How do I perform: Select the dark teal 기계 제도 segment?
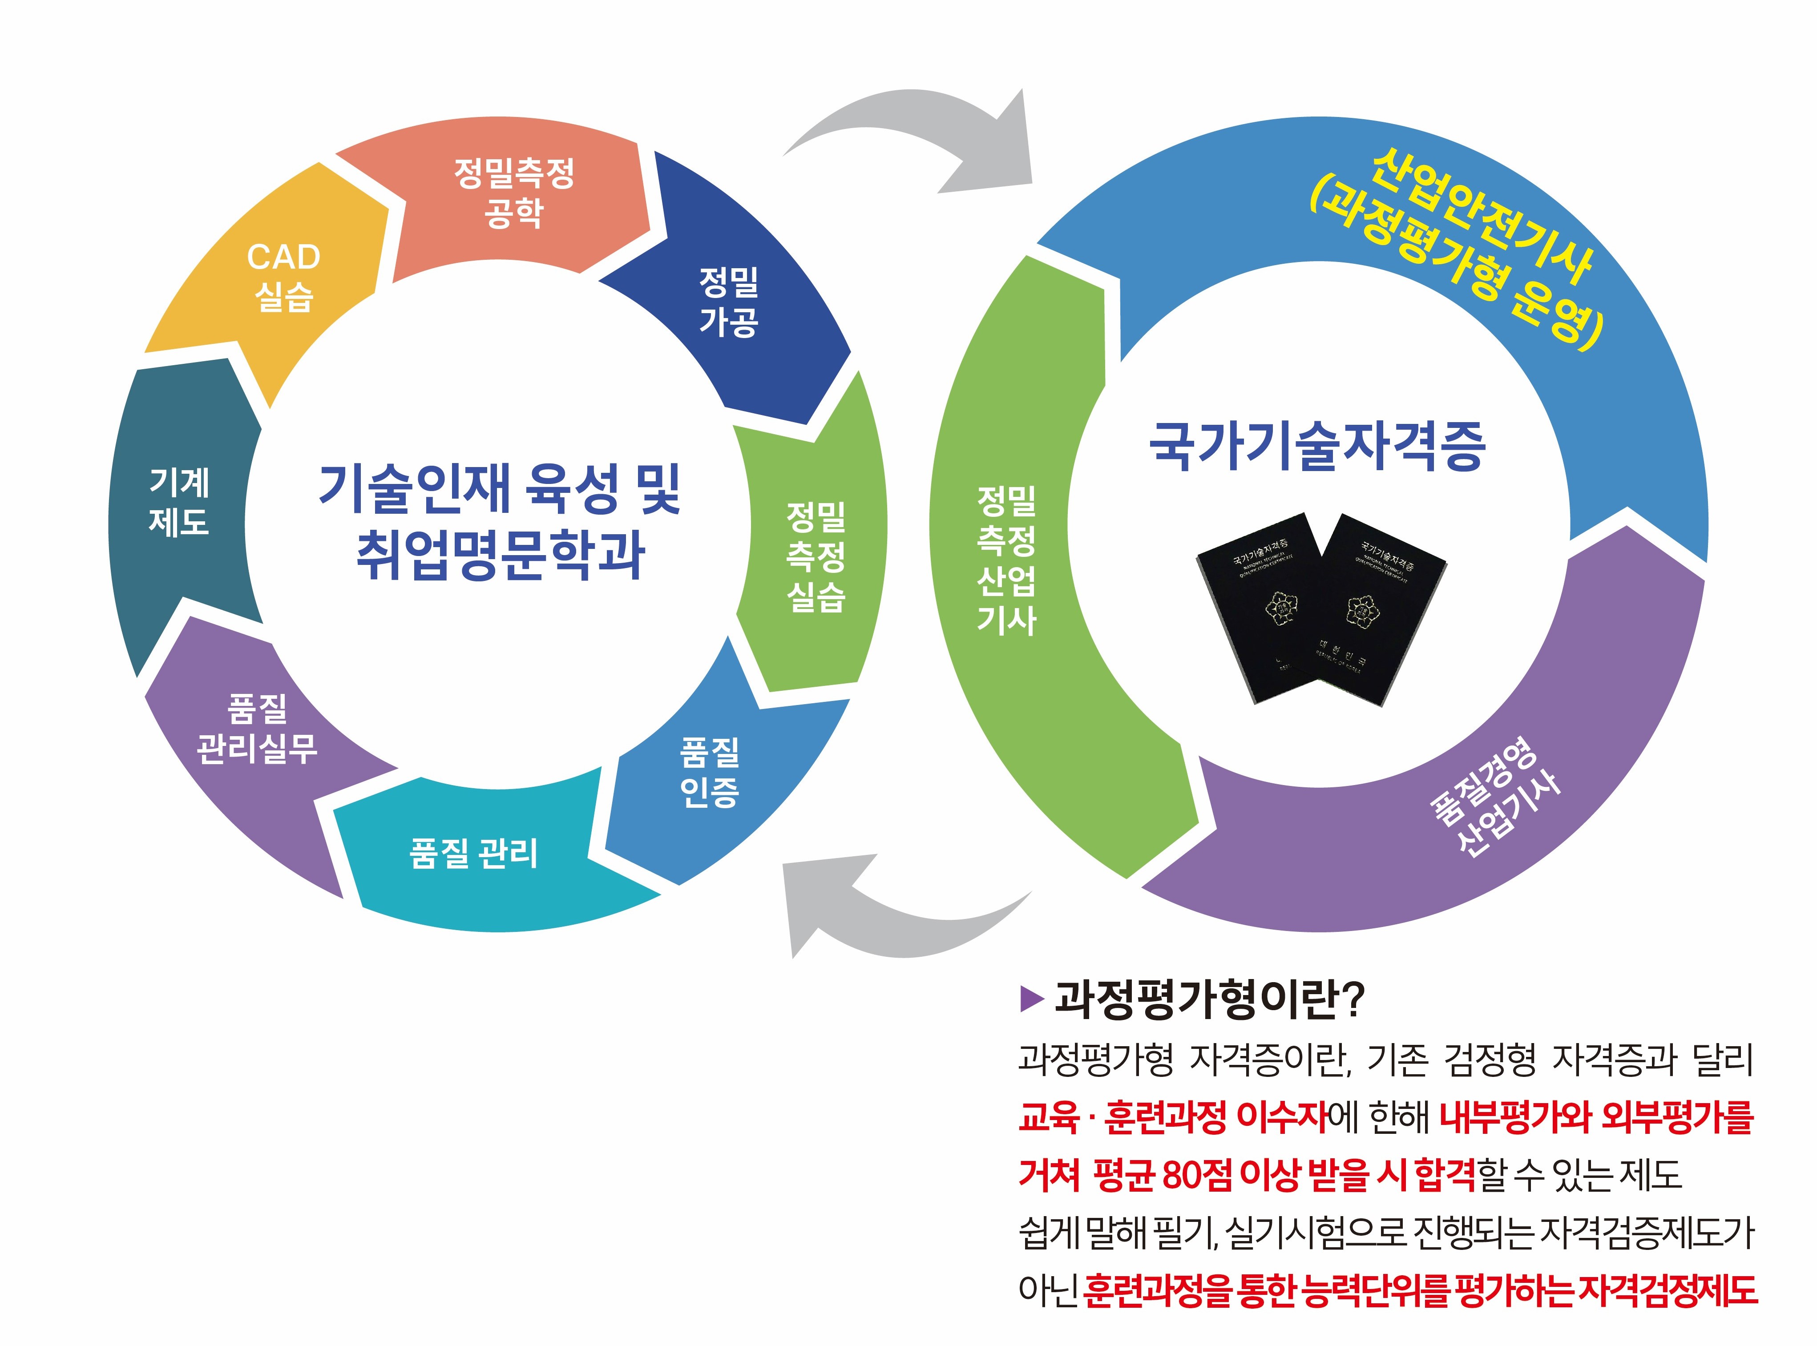point(179,502)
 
